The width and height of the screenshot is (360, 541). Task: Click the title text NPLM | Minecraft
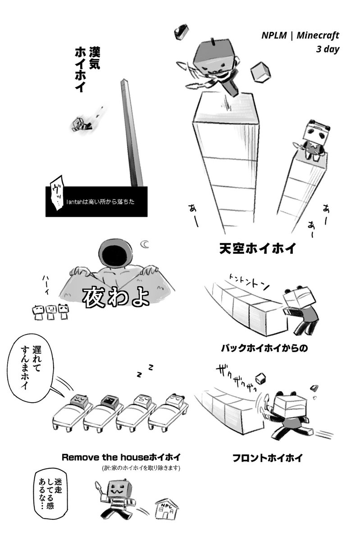300,36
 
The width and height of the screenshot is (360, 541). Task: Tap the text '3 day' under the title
328,49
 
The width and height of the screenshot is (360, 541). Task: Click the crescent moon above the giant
146,244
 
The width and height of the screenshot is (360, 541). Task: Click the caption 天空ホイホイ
257,248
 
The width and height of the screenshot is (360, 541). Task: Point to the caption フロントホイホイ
267,458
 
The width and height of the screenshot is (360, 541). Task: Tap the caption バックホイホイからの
264,348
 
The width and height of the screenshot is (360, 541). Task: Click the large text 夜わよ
115,297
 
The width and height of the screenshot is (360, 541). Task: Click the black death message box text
100,202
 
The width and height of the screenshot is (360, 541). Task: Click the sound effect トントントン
248,281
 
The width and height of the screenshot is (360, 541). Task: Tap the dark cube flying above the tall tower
181,32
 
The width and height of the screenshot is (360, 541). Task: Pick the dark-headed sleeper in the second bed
109,402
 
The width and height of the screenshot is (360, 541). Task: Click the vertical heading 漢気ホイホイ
87,69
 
